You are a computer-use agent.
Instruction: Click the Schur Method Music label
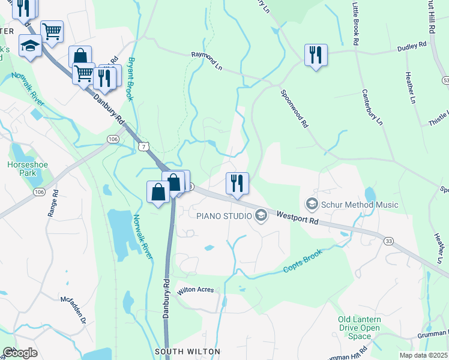pyautogui.click(x=360, y=205)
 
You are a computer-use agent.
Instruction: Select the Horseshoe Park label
pyautogui.click(x=23, y=169)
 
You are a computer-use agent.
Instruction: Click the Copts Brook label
pyautogui.click(x=303, y=261)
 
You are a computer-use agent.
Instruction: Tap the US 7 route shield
pyautogui.click(x=142, y=146)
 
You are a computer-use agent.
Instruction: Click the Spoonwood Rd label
pyautogui.click(x=294, y=109)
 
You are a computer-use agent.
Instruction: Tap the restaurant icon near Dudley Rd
pyautogui.click(x=315, y=55)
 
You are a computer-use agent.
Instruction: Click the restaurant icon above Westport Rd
pyautogui.click(x=237, y=182)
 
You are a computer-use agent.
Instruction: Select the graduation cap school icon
pyautogui.click(x=29, y=45)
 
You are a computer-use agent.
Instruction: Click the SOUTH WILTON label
pyautogui.click(x=187, y=352)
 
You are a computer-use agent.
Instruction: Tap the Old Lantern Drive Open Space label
pyautogui.click(x=359, y=328)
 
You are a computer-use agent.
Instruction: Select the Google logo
pyautogui.click(x=20, y=353)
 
